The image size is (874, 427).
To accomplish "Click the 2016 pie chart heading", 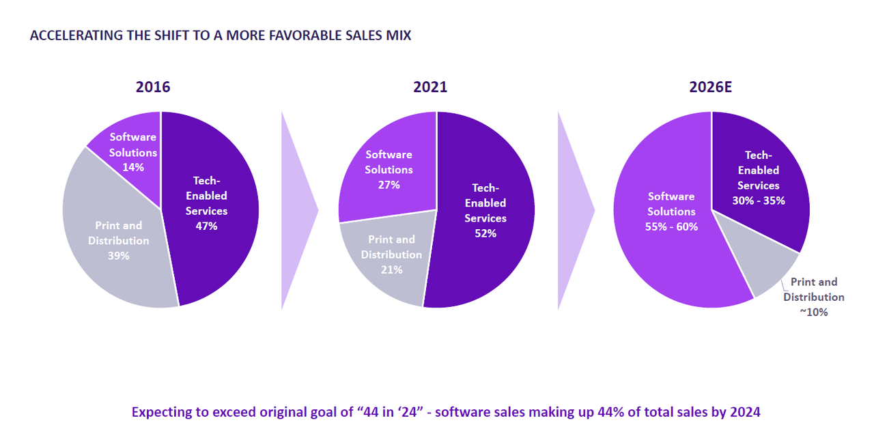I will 153,87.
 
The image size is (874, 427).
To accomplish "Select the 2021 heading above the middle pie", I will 430,87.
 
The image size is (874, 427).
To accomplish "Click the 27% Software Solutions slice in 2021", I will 389,170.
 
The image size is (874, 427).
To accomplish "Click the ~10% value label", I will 813,312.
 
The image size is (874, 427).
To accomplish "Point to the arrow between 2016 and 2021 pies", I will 298,210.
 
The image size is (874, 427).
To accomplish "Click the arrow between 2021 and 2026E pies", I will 575,210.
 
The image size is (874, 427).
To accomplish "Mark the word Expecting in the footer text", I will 161,412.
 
